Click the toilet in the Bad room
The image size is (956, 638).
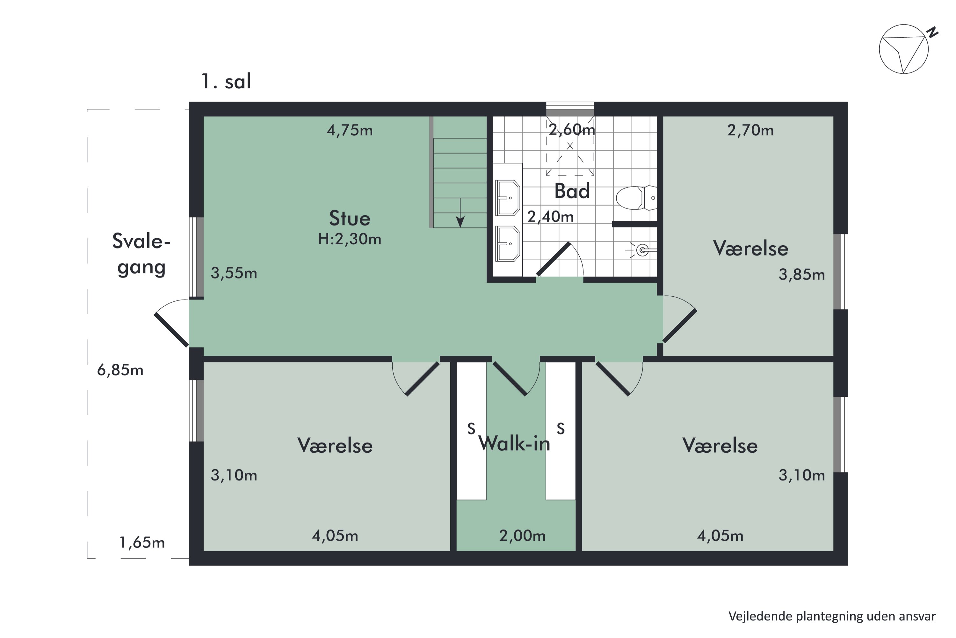pos(634,198)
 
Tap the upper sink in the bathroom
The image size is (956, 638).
pos(507,198)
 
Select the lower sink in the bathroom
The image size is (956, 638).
pos(507,244)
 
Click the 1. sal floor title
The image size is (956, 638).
pos(226,81)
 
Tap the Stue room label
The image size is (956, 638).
pos(350,219)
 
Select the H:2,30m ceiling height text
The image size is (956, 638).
pos(350,239)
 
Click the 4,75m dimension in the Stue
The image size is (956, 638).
pos(350,130)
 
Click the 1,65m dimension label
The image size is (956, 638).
pos(142,542)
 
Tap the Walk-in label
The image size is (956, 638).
pos(514,443)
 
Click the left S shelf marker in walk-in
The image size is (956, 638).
pos(471,429)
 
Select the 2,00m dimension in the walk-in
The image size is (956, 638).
pos(522,536)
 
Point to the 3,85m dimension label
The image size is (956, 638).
pos(801,275)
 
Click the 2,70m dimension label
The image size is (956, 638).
pos(750,130)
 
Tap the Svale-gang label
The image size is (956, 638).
pos(141,254)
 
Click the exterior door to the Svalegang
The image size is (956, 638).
pos(171,330)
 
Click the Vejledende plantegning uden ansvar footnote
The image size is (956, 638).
pos(832,616)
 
